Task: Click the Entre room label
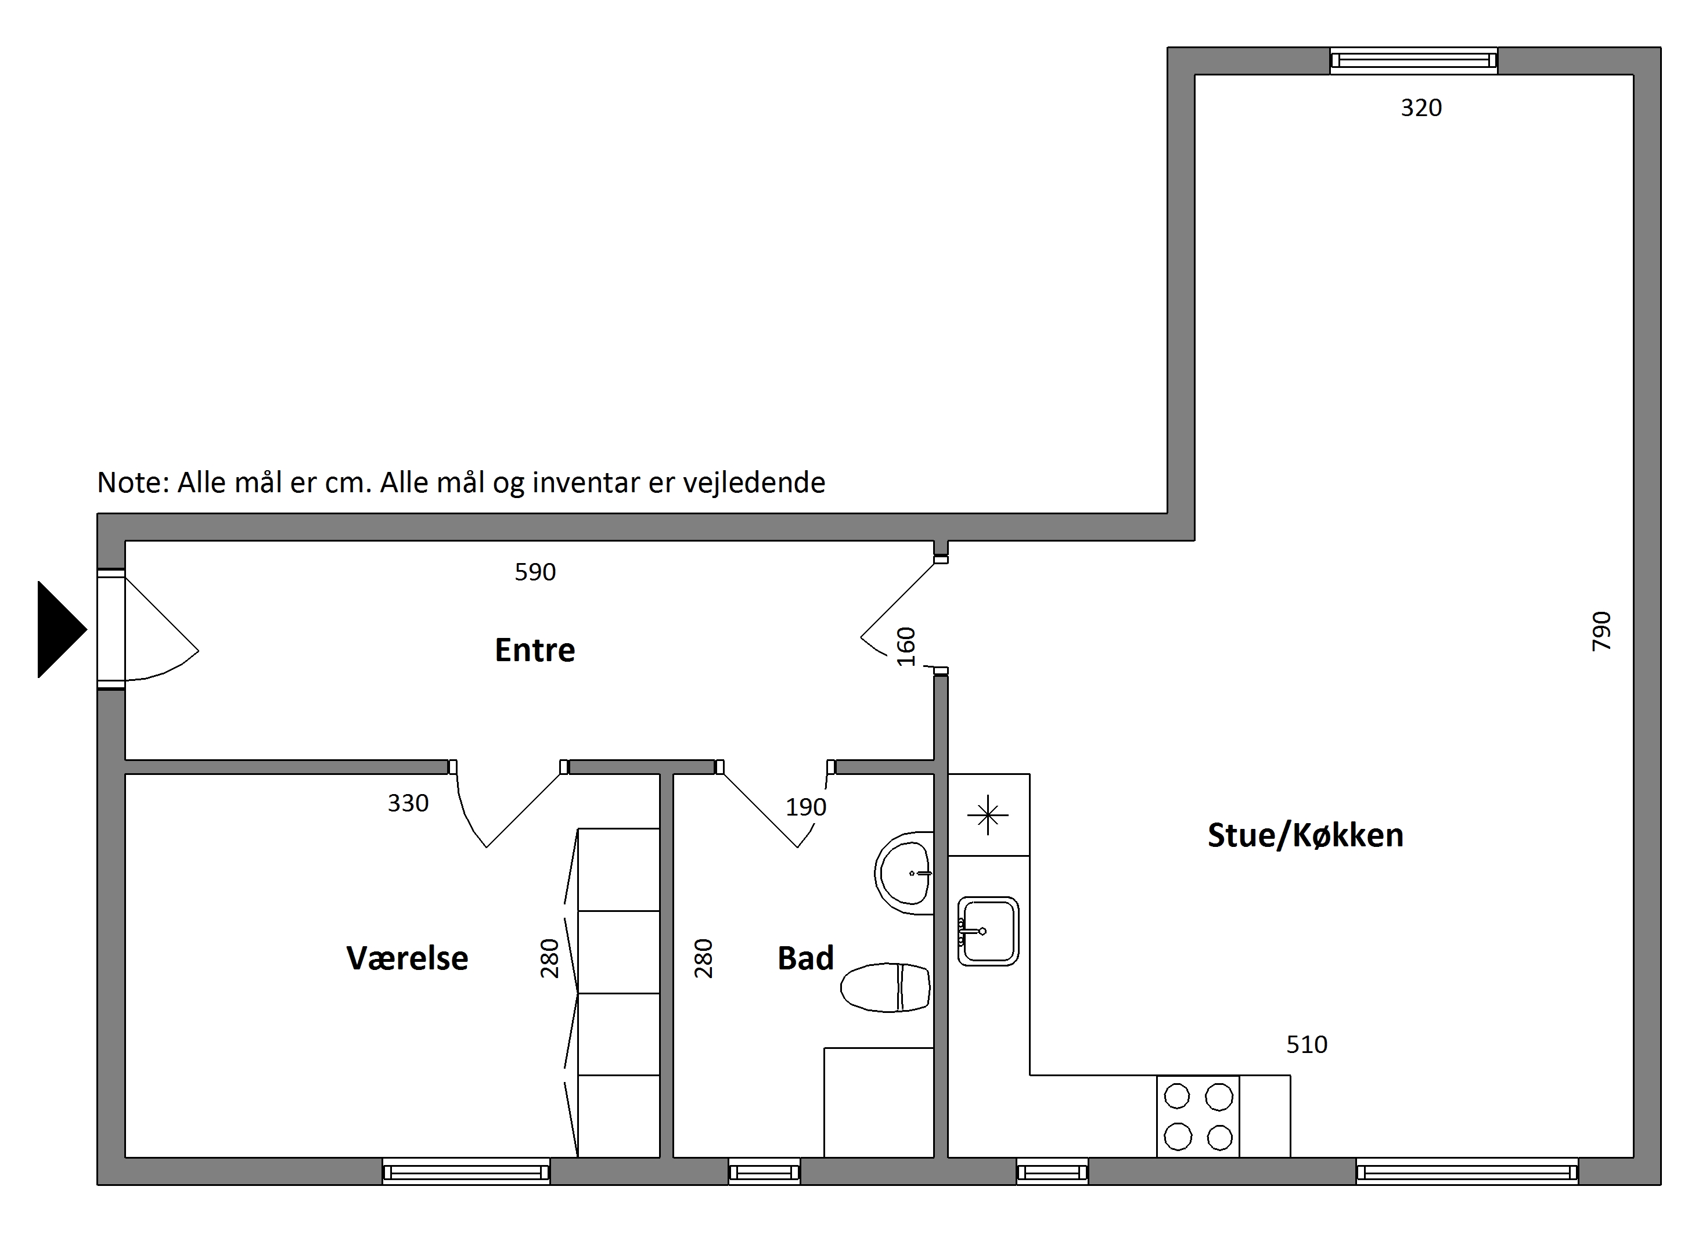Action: coord(535,650)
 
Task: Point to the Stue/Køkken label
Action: coord(1306,835)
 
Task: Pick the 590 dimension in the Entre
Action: coord(535,572)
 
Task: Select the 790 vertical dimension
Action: coord(1601,631)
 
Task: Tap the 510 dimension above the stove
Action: coord(1307,1044)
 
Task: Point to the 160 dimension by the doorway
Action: coord(906,647)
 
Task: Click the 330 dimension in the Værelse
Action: coord(408,803)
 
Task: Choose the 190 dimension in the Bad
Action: coord(805,807)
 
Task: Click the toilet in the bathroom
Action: coord(886,987)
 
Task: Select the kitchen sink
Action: coord(988,931)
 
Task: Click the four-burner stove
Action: coord(1198,1117)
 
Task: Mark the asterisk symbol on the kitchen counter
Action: coord(988,815)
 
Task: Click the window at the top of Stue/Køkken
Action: coord(1413,60)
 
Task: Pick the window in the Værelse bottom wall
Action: coord(466,1171)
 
